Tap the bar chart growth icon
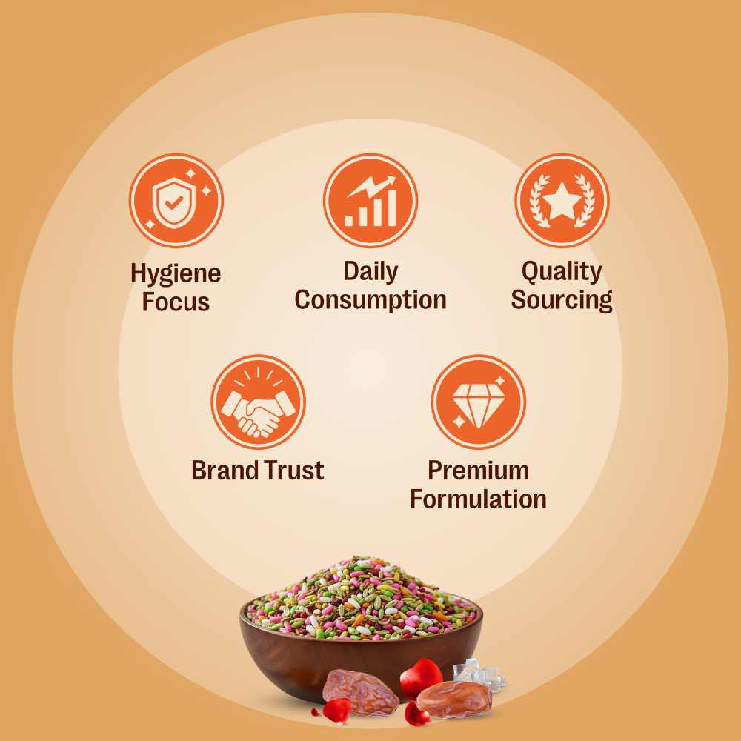point(370,201)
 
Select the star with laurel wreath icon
point(562,201)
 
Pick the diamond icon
point(478,402)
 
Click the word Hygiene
point(176,273)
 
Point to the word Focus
point(176,302)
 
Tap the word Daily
point(370,272)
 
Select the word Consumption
point(370,300)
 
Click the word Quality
point(562,272)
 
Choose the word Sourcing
point(562,300)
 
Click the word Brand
point(225,471)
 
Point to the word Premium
point(478,471)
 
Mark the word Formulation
point(478,499)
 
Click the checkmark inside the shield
point(174,203)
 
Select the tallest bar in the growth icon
point(391,208)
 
